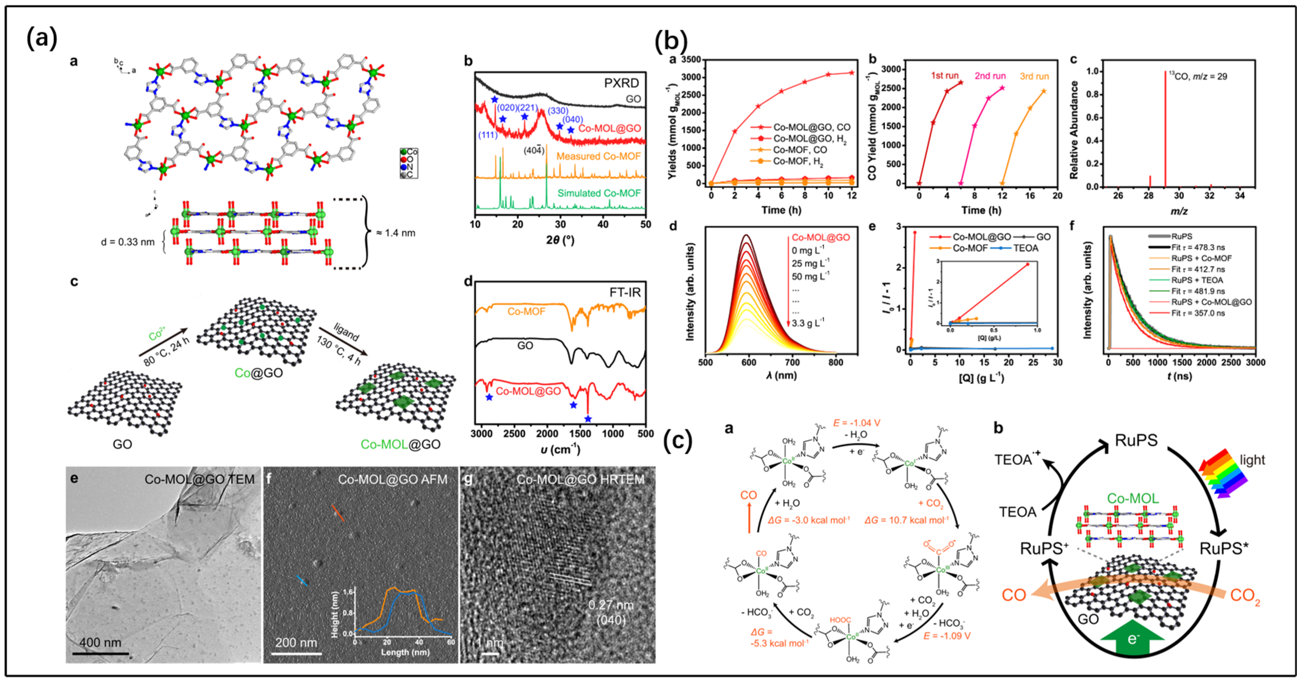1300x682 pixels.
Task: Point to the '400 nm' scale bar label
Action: tap(100, 642)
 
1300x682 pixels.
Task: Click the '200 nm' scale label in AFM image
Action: tap(296, 642)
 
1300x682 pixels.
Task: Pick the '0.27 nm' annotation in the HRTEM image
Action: tap(611, 605)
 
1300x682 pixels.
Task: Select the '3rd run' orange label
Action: tap(1034, 76)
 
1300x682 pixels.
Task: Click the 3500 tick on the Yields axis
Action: tap(691, 59)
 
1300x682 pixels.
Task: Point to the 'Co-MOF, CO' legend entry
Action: tap(800, 150)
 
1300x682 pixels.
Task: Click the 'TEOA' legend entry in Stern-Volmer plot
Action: tap(1025, 248)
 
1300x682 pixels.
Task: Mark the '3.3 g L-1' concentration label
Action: tap(808, 322)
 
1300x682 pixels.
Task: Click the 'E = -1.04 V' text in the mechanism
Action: tap(856, 423)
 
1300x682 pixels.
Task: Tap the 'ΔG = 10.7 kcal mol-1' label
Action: tap(906, 520)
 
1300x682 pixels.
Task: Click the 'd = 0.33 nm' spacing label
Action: tap(127, 242)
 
